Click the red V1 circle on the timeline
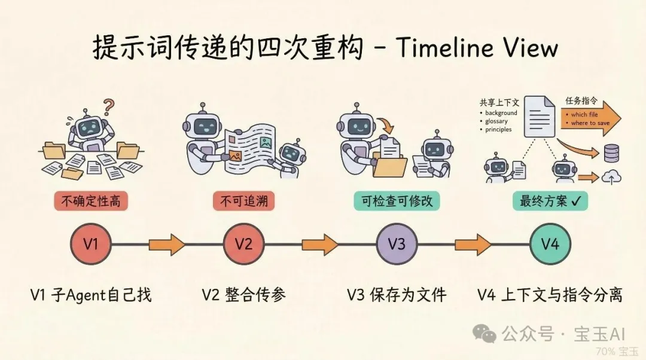pyautogui.click(x=90, y=244)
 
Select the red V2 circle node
pyautogui.click(x=243, y=244)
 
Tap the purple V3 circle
pyautogui.click(x=397, y=244)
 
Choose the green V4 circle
pyautogui.click(x=550, y=244)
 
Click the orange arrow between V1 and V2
pyautogui.click(x=167, y=244)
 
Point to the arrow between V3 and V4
pyautogui.click(x=473, y=244)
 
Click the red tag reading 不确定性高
pyautogui.click(x=90, y=201)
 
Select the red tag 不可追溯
pyautogui.click(x=243, y=201)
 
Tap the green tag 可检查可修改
pyautogui.click(x=397, y=201)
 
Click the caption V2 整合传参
pyautogui.click(x=243, y=294)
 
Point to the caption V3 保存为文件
pyautogui.click(x=397, y=294)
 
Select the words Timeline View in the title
pyautogui.click(x=476, y=48)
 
